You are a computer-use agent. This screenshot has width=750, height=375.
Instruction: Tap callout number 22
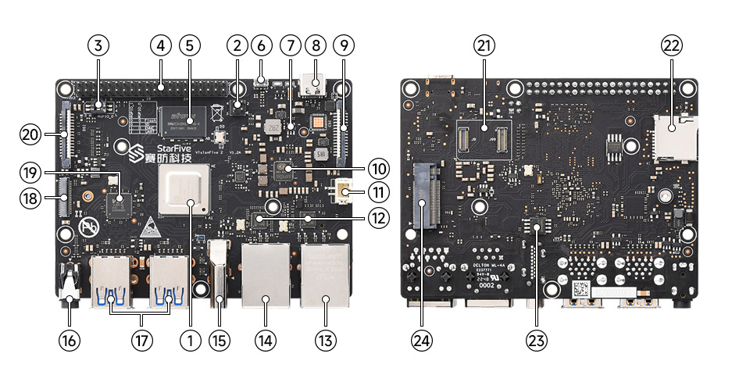pyautogui.click(x=671, y=46)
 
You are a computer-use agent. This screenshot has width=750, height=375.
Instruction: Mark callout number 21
pyautogui.click(x=484, y=46)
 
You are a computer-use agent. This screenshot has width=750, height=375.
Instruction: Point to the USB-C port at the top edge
pyautogui.click(x=317, y=84)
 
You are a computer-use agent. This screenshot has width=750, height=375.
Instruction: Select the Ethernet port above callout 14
pyautogui.click(x=266, y=275)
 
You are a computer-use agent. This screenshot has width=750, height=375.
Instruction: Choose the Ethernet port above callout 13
pyautogui.click(x=324, y=275)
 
